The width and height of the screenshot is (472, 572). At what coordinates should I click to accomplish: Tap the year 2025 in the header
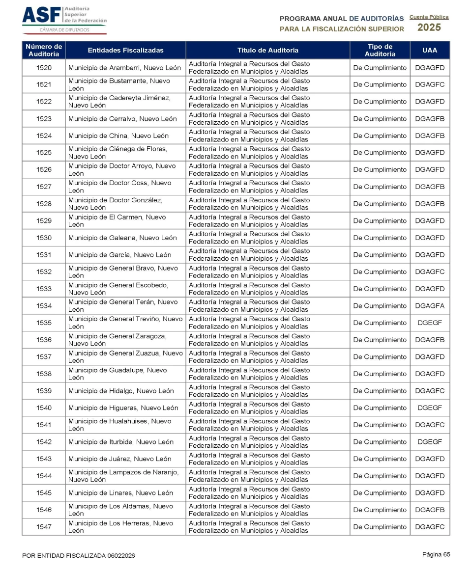429,27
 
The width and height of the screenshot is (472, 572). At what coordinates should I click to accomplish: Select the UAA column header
429,50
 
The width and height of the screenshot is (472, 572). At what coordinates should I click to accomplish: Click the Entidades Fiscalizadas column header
125,50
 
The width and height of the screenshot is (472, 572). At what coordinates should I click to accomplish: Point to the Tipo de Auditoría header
380,50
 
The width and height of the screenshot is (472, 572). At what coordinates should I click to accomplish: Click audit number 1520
44,68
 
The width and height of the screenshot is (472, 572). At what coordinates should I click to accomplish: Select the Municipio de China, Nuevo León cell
118,136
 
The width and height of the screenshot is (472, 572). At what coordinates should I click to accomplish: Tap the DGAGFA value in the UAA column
429,306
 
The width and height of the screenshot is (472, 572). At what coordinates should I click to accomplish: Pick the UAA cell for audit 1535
429,323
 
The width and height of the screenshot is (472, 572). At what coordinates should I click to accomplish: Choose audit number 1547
44,527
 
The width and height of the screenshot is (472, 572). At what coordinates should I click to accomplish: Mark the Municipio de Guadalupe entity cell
118,374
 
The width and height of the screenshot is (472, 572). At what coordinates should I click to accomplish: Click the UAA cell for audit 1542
429,442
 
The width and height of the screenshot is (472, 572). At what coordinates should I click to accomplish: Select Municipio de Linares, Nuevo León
120,493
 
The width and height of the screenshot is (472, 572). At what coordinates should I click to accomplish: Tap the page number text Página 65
436,554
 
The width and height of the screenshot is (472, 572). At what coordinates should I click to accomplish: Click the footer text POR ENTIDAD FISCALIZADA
79,555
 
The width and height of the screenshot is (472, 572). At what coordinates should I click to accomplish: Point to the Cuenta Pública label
429,17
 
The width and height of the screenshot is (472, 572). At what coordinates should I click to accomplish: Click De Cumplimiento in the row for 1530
380,238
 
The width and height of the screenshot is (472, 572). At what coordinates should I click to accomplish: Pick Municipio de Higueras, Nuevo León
123,408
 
